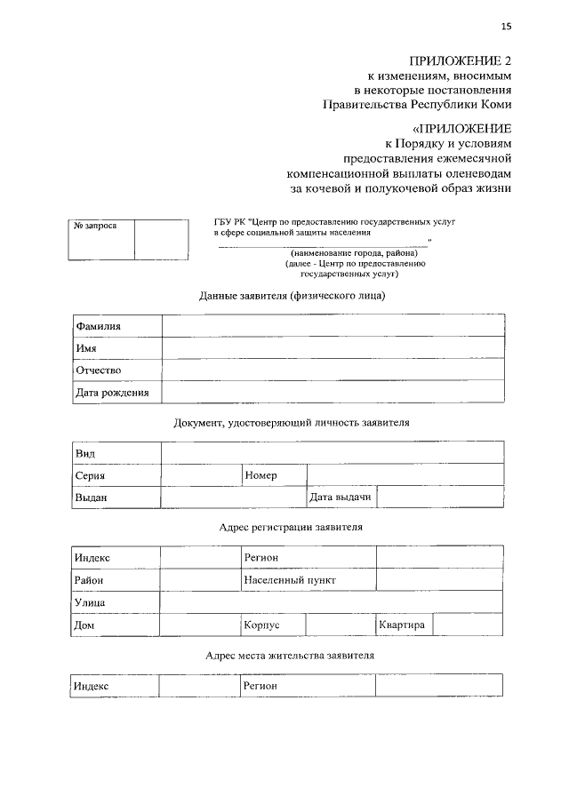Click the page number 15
point(506,26)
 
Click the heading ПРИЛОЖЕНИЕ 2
point(461,60)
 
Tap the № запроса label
point(94,227)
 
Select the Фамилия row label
point(98,326)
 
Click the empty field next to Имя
point(333,348)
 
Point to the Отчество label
point(98,370)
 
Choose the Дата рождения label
point(111,392)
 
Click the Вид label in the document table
point(85,454)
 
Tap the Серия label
point(91,475)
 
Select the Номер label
point(260,475)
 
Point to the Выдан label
point(91,498)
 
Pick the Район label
point(89,580)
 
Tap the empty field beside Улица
point(331,602)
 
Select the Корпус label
point(261,625)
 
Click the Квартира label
point(401,625)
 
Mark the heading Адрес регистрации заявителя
point(291,527)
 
